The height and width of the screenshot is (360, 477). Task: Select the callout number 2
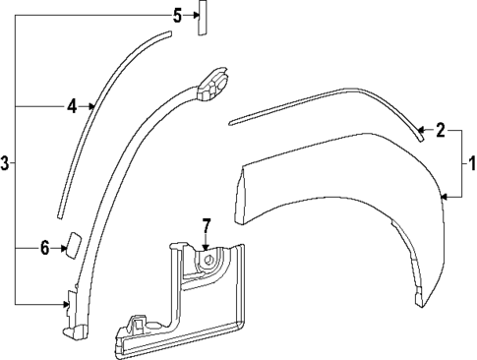coord(441,129)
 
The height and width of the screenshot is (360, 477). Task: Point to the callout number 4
coord(72,104)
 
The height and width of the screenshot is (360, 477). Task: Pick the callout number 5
coord(177,15)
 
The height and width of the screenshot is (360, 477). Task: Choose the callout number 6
coord(45,248)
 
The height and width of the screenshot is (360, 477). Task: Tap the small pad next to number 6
coord(73,244)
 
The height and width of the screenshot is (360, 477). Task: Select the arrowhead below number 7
coord(207,248)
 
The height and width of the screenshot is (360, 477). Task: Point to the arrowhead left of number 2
coord(419,129)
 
